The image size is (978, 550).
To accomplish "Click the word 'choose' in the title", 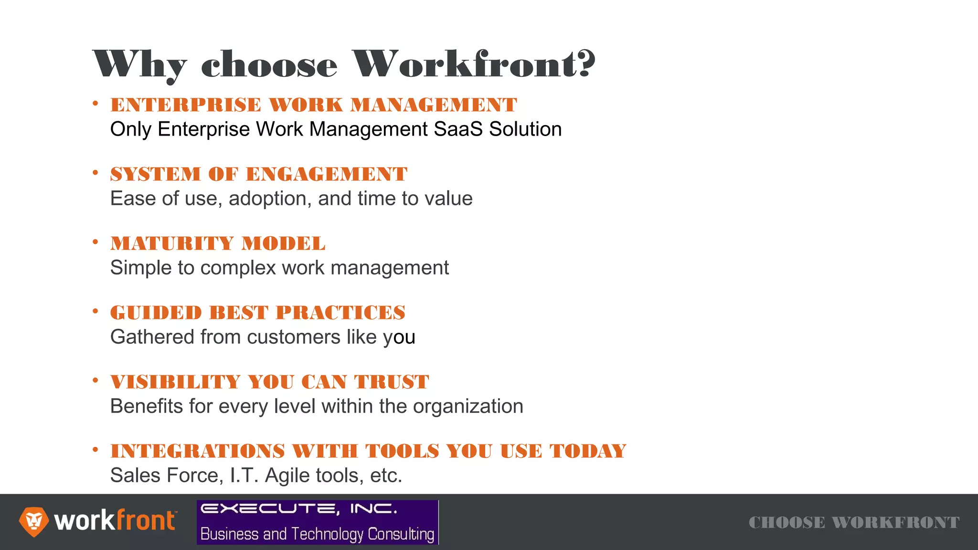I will [x=269, y=65].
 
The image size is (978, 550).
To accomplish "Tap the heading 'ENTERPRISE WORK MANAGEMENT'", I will [x=313, y=105].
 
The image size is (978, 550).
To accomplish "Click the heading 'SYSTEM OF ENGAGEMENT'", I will [x=258, y=174].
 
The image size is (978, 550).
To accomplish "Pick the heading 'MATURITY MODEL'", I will [x=218, y=243].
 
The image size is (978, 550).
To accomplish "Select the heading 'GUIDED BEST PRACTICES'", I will [x=257, y=312].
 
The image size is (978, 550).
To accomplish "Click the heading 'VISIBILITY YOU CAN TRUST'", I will [x=269, y=381].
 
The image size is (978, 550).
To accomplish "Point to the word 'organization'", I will [x=468, y=407].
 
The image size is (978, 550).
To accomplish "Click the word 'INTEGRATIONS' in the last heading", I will [x=198, y=451].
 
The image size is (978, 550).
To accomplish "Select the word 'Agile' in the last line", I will [x=285, y=476].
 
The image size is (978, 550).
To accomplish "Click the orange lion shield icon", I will [x=33, y=521].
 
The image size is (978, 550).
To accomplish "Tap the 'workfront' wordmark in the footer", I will [x=115, y=520].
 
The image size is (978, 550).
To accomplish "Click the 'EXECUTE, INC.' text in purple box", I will [x=298, y=509].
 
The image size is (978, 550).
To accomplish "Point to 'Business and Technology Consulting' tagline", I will [x=317, y=534].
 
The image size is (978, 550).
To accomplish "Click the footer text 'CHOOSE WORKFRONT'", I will [x=854, y=522].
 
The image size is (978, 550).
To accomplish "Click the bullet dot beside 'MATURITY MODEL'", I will [x=96, y=242].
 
